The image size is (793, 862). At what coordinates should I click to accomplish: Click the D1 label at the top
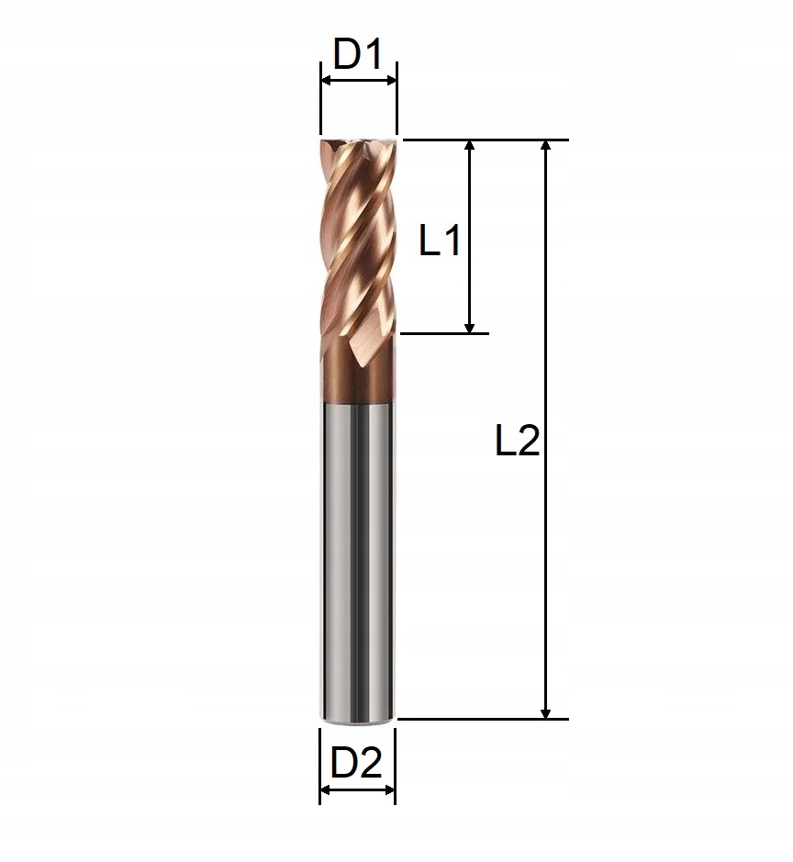357,55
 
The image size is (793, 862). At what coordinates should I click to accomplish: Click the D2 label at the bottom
356,763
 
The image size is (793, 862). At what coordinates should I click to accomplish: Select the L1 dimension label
440,242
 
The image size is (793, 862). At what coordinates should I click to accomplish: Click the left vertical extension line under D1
321,110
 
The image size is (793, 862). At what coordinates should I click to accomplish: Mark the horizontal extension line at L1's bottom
445,333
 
